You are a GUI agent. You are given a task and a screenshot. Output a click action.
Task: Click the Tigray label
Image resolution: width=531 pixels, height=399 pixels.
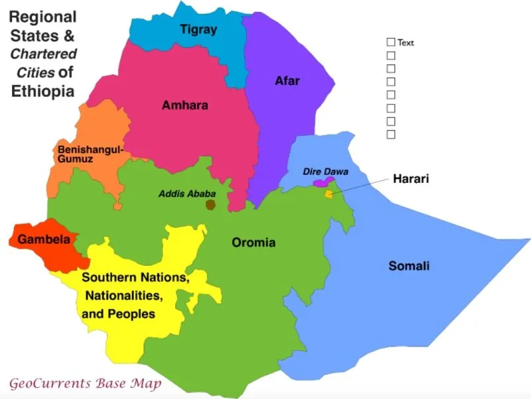click(198, 29)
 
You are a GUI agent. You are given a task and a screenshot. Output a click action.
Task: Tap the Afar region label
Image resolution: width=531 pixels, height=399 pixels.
click(287, 81)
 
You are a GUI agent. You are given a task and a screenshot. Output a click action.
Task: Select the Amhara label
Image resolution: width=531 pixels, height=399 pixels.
click(185, 105)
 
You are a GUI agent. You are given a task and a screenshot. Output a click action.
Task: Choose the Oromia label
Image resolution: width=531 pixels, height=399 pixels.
click(253, 243)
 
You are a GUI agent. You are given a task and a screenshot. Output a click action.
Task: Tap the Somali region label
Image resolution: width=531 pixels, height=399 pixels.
click(409, 266)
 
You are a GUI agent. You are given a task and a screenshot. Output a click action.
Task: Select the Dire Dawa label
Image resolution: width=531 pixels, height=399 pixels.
click(325, 171)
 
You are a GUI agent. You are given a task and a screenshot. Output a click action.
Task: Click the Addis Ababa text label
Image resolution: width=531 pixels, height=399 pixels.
click(184, 194)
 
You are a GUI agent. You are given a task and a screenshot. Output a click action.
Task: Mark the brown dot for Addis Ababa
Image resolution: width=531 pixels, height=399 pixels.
click(210, 205)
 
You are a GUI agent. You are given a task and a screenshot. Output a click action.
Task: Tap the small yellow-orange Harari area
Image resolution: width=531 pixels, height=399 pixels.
click(328, 194)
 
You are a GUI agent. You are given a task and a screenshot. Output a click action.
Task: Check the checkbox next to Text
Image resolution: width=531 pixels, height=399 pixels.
click(391, 42)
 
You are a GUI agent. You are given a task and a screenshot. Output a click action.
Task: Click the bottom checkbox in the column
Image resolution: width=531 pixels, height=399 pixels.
click(391, 135)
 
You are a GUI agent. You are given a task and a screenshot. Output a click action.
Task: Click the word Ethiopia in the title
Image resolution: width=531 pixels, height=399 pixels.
click(43, 91)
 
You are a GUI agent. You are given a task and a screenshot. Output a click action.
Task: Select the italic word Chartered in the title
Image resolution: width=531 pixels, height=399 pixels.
click(43, 54)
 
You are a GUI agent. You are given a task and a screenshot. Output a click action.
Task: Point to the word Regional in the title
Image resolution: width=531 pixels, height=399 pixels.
click(43, 17)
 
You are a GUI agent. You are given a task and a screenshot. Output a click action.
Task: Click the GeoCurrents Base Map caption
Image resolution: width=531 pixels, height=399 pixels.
click(84, 383)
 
